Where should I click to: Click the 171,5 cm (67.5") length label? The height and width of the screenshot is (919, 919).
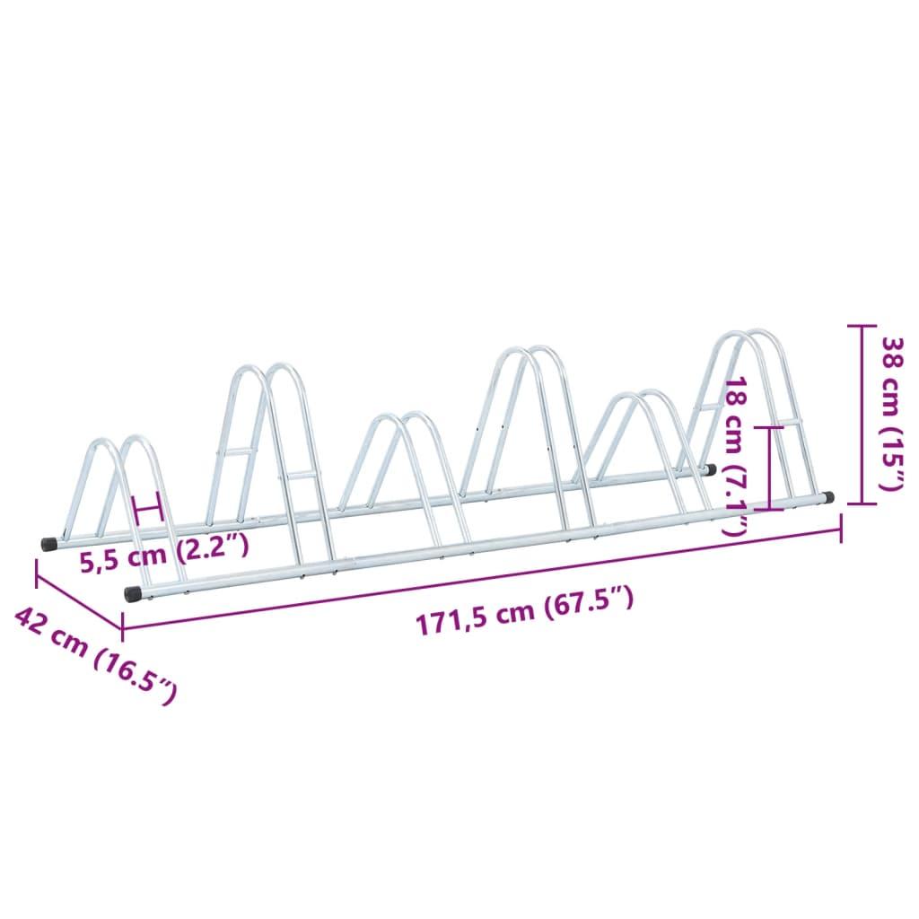point(524,610)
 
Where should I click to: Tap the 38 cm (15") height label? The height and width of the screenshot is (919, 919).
point(892,415)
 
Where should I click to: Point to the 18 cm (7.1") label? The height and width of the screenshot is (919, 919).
point(736,458)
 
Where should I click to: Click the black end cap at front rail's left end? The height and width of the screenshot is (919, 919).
point(132,593)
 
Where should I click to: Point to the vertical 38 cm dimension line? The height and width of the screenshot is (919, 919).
point(862,415)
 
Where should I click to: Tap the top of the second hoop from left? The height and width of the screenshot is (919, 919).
point(264,369)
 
